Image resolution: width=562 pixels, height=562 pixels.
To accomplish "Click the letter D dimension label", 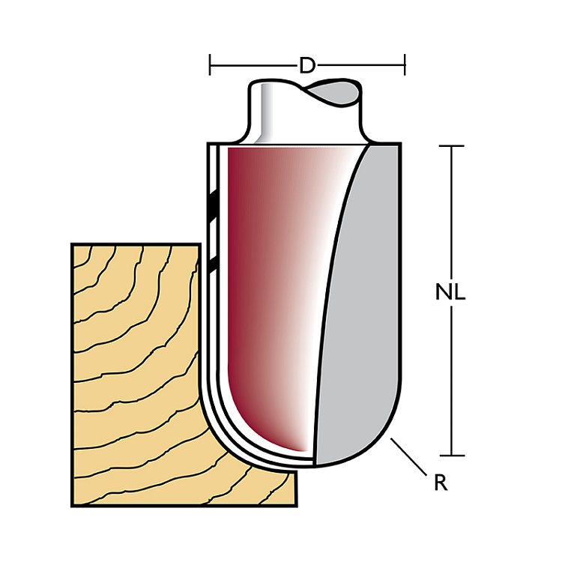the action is pyautogui.click(x=306, y=66).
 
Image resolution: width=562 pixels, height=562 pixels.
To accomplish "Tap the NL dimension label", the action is pyautogui.click(x=450, y=291).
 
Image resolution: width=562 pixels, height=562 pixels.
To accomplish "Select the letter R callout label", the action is pyautogui.click(x=441, y=483).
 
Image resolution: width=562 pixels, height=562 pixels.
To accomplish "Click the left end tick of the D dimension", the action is pyautogui.click(x=210, y=65).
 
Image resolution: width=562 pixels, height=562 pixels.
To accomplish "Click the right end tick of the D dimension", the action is pyautogui.click(x=405, y=65).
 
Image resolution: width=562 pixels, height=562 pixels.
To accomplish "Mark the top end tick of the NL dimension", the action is pyautogui.click(x=451, y=146).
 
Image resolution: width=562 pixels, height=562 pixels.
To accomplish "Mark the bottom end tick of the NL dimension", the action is pyautogui.click(x=451, y=456).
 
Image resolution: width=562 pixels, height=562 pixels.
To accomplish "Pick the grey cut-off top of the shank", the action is pyautogui.click(x=333, y=92).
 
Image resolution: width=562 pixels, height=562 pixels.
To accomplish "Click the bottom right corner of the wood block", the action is pyautogui.click(x=297, y=506).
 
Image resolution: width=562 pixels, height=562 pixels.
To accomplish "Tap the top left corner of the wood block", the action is pyautogui.click(x=72, y=244).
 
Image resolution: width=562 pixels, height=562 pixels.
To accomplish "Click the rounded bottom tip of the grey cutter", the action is pyautogui.click(x=316, y=466).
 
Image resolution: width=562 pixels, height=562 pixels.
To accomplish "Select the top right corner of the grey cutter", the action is pyautogui.click(x=400, y=144).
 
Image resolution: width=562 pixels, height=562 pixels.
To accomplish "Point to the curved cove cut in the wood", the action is pyautogui.click(x=229, y=448).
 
